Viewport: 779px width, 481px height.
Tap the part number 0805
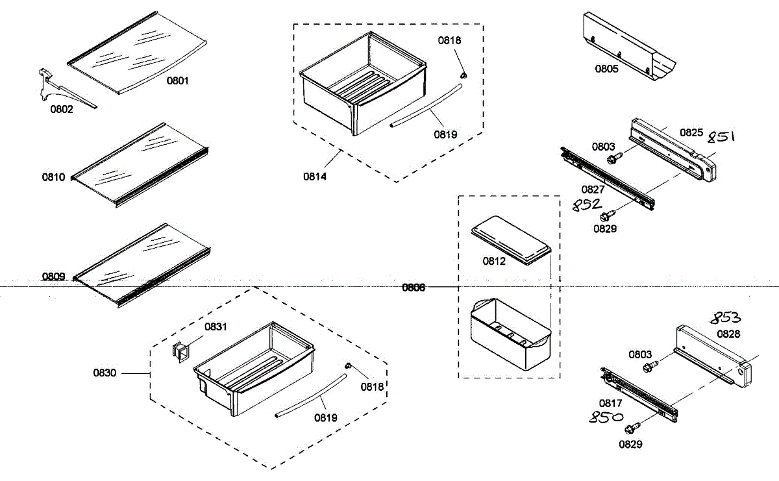coord(607,68)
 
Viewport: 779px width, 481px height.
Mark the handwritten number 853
coord(724,318)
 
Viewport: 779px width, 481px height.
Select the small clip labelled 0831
coord(180,351)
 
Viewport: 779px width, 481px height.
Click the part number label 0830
coord(105,373)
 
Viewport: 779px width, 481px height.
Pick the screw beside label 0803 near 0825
coord(612,158)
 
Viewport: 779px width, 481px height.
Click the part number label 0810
coord(54,177)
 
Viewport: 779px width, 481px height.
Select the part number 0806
coord(414,288)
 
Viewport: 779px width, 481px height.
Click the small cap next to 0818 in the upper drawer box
coord(463,75)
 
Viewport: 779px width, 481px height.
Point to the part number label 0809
coord(54,277)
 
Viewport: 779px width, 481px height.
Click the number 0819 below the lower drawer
coord(326,419)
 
